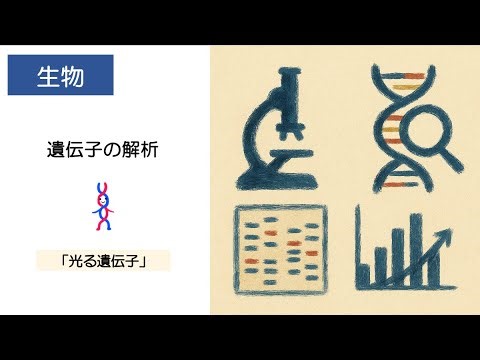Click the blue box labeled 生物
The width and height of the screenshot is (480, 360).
(x=59, y=75)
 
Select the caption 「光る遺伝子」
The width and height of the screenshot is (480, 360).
(x=103, y=261)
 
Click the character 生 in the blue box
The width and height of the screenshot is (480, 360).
(x=47, y=75)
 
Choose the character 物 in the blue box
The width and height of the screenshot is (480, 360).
(x=71, y=75)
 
